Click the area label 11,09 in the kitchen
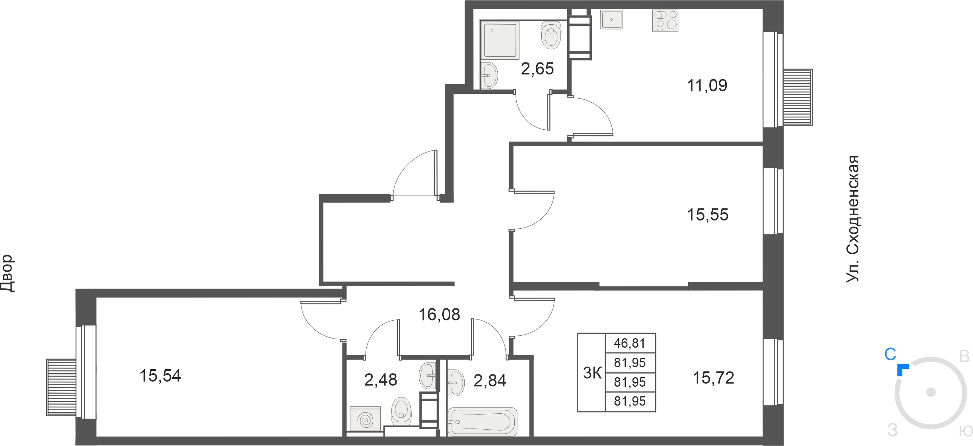tap(707, 86)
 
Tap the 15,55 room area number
tap(708, 215)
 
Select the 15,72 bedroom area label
tap(713, 378)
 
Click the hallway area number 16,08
tap(439, 315)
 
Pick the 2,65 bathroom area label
tap(537, 69)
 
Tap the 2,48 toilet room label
tap(380, 380)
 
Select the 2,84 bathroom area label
tap(490, 381)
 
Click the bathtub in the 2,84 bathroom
tap(483, 422)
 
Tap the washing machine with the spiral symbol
tap(365, 419)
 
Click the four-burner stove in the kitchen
tap(665, 21)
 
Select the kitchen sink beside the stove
tap(611, 19)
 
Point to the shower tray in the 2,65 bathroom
tap(500, 40)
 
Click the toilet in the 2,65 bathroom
tap(551, 35)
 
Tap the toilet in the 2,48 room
tap(401, 411)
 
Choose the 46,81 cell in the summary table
tap(630, 343)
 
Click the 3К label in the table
tap(592, 373)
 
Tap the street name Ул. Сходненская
tap(853, 219)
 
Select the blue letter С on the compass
tap(890, 354)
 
